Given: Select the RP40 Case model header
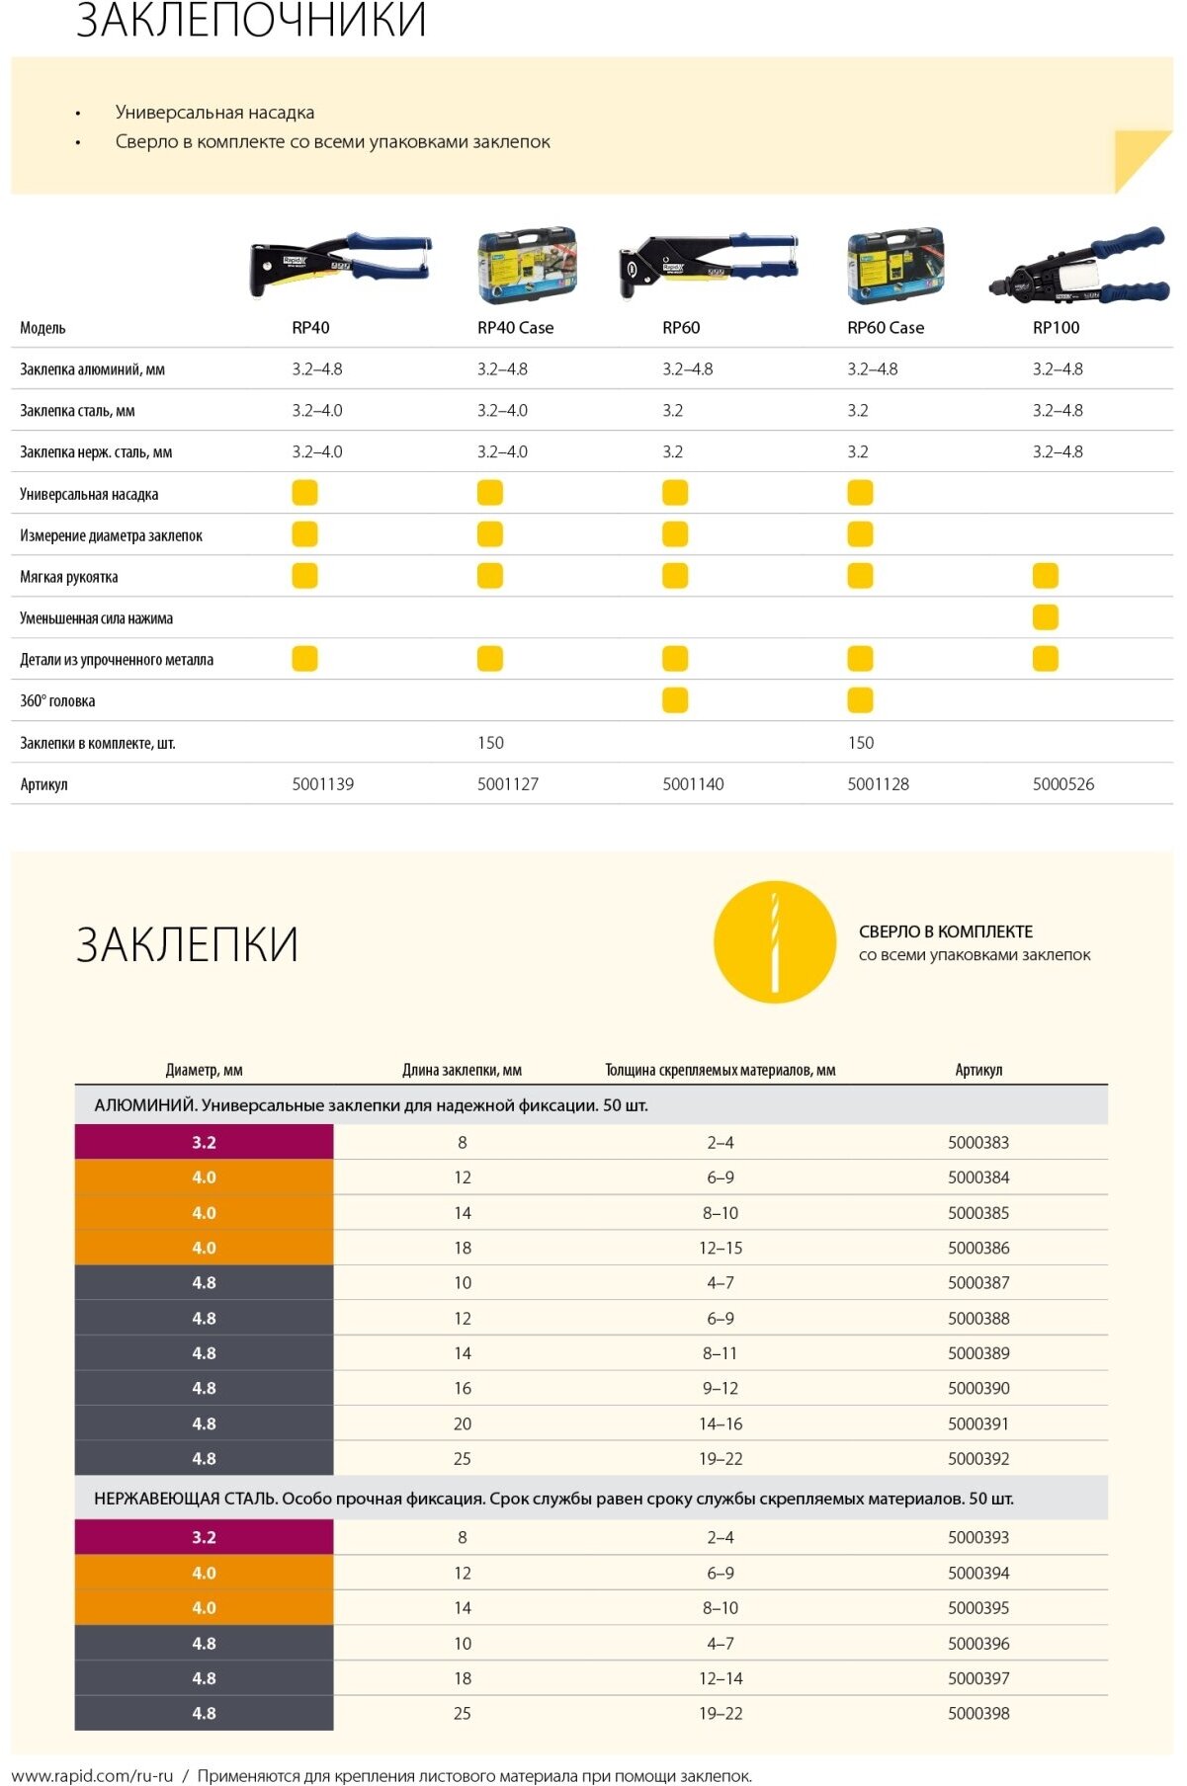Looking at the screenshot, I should point(515,328).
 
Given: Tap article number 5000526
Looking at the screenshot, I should point(1062,784).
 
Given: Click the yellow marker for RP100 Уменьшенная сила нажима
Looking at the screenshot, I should point(1045,617).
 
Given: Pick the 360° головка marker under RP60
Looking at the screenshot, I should point(675,700).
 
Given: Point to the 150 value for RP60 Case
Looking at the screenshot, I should point(860,743).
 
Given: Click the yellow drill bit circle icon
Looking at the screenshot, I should point(775,942).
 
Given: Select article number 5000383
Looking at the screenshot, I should point(977,1143).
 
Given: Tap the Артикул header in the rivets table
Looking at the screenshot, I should point(977,1070).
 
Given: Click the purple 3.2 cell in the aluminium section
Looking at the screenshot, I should point(204,1143).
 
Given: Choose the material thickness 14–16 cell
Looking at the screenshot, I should point(720,1423).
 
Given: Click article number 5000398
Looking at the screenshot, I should point(977,1714).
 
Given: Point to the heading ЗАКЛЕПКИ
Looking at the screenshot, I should point(187,944).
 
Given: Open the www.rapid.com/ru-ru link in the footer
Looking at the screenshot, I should point(92,1775).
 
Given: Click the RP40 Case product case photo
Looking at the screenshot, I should point(527,265).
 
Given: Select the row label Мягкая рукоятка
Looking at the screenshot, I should point(69,577).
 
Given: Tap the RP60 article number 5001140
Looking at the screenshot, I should point(693,784).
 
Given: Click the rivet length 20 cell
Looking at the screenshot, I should point(462,1423).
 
